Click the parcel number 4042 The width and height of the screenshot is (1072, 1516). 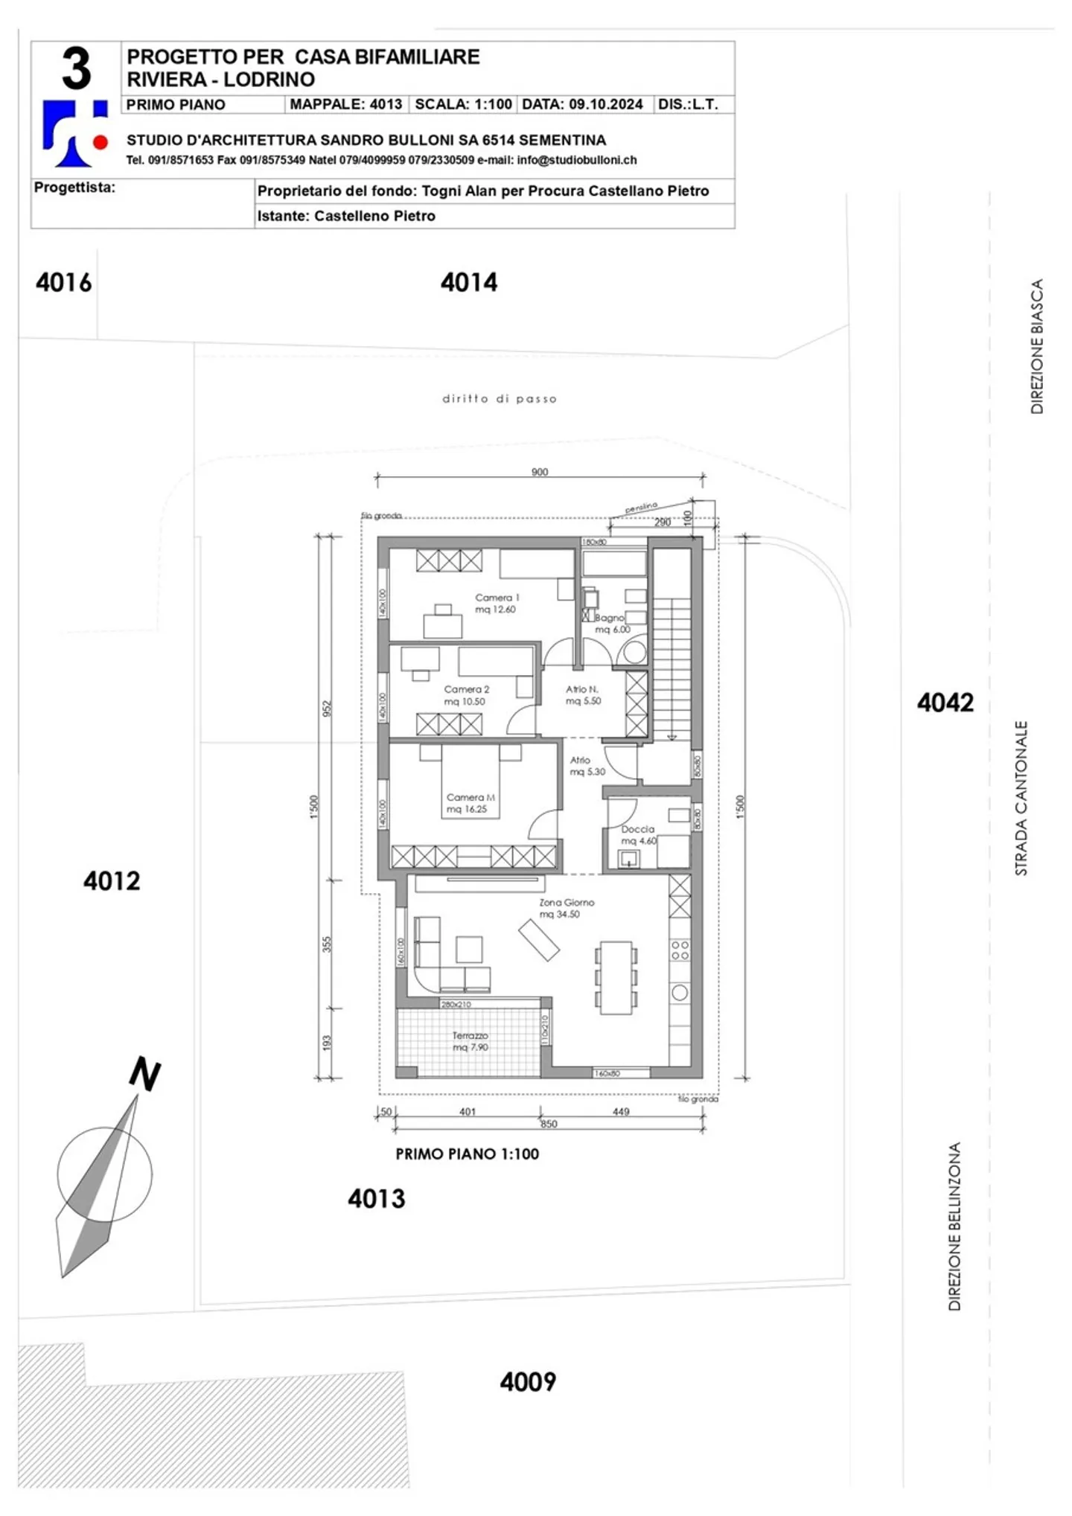click(x=945, y=702)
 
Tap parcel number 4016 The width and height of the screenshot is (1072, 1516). click(x=63, y=282)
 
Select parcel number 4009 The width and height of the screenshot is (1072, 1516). click(x=527, y=1382)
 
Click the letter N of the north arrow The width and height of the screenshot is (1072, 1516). click(x=144, y=1074)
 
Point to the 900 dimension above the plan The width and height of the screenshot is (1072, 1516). click(x=540, y=472)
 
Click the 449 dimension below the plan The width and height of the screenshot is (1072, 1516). click(x=621, y=1111)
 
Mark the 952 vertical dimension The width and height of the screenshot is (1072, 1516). click(x=326, y=708)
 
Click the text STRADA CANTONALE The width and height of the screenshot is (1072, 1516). click(x=1021, y=797)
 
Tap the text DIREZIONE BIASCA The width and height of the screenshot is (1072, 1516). click(x=1036, y=346)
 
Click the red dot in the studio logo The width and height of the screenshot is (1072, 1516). click(x=100, y=141)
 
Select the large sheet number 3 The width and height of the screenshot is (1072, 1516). click(x=76, y=69)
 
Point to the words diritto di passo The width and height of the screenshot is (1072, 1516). click(x=499, y=399)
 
